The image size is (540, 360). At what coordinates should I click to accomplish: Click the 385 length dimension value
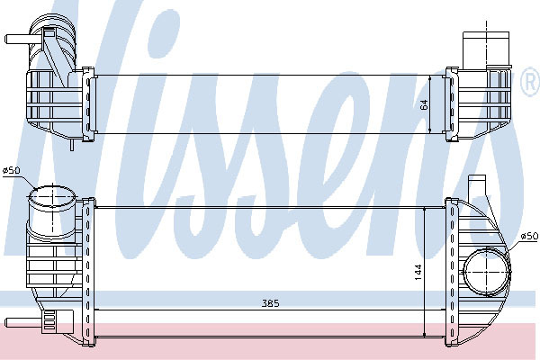coord(271,303)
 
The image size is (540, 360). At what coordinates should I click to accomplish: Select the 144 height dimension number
coord(418,272)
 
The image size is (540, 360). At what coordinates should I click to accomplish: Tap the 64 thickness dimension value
coord(424,104)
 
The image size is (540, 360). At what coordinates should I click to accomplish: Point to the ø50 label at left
coord(12,170)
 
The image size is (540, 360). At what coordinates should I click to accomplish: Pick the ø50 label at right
coord(529,236)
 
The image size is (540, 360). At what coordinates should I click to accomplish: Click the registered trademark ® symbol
coord(531,81)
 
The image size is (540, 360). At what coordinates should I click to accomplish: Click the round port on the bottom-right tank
coord(486,272)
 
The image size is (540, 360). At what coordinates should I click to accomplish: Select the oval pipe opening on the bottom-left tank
coord(51,196)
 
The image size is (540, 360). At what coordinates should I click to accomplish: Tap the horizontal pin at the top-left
coord(18,39)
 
